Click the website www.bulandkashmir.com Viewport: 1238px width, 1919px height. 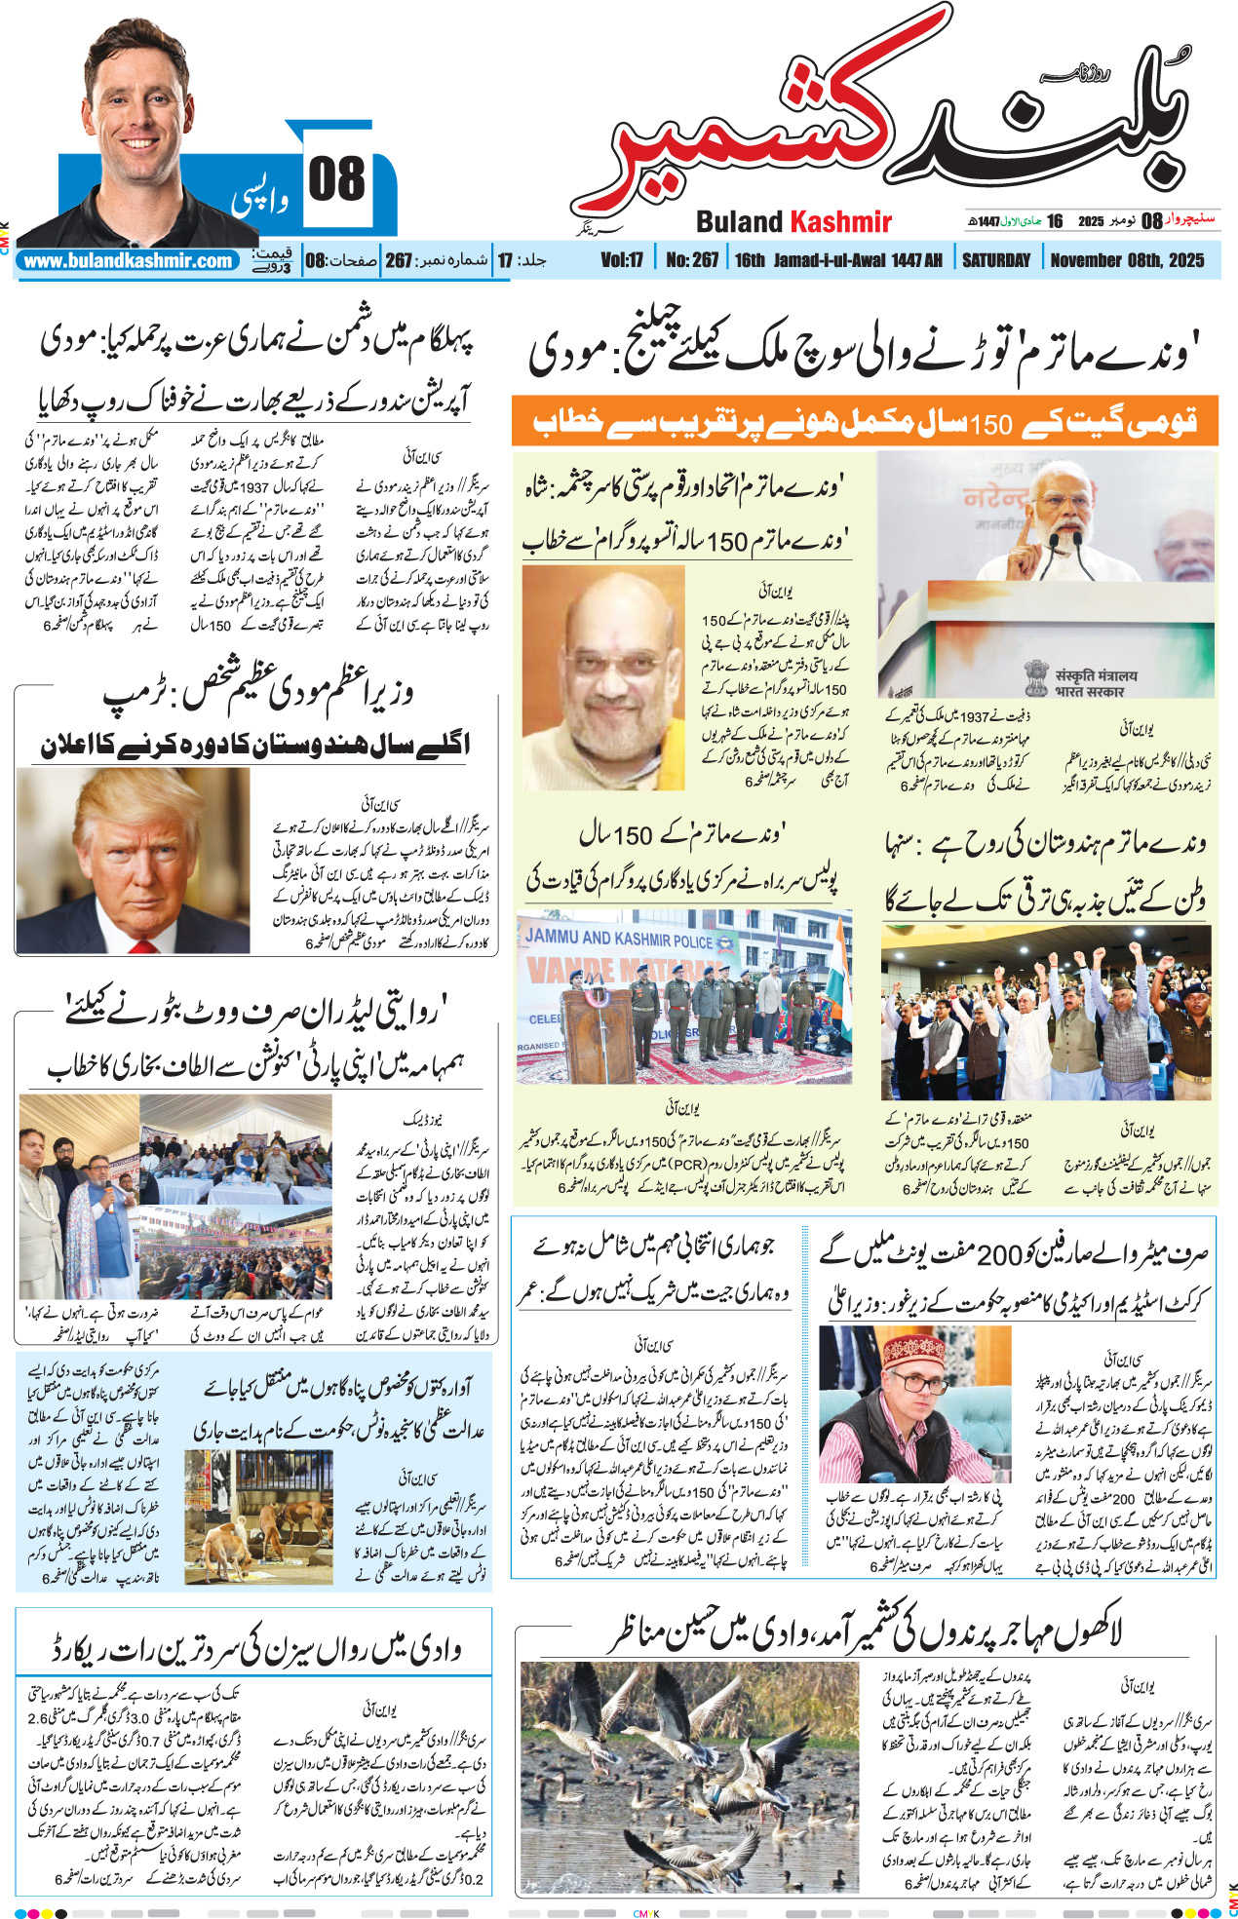[128, 261]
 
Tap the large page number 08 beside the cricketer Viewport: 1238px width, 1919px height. [336, 180]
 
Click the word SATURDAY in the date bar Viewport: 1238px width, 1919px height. [995, 260]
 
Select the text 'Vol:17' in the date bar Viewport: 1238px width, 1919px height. [622, 260]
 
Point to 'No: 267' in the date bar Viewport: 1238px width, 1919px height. [692, 260]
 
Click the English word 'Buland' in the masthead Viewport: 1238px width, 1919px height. [740, 222]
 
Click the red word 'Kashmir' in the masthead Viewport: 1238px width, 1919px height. [840, 222]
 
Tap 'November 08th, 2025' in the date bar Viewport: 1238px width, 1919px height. [1127, 260]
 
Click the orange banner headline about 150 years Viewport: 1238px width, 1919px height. [864, 422]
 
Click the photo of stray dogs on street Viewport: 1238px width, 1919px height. [257, 1516]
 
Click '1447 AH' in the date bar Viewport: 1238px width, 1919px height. [919, 260]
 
